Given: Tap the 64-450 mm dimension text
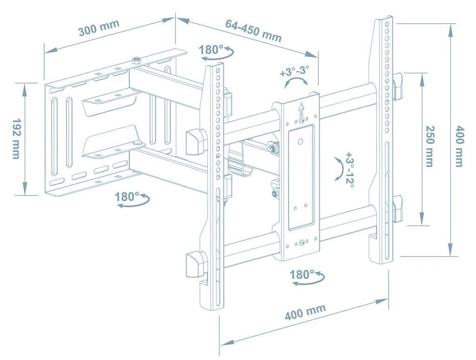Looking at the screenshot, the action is tap(253, 31).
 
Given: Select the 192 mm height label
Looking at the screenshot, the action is tap(16, 138).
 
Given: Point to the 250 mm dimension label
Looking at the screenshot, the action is tap(430, 146).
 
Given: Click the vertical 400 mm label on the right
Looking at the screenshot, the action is tap(459, 146).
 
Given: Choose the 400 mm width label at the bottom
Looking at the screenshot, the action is tap(305, 312).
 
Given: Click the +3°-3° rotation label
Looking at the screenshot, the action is tap(295, 72).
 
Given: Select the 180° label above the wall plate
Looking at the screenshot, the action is tap(212, 49).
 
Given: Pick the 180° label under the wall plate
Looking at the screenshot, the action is tap(127, 197).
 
